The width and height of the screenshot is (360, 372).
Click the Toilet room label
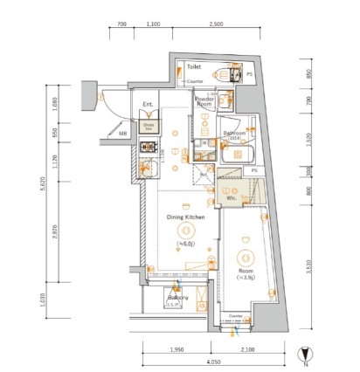pos(194,66)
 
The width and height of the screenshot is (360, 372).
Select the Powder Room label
pos(204,101)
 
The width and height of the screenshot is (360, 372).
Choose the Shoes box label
pos(149,126)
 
